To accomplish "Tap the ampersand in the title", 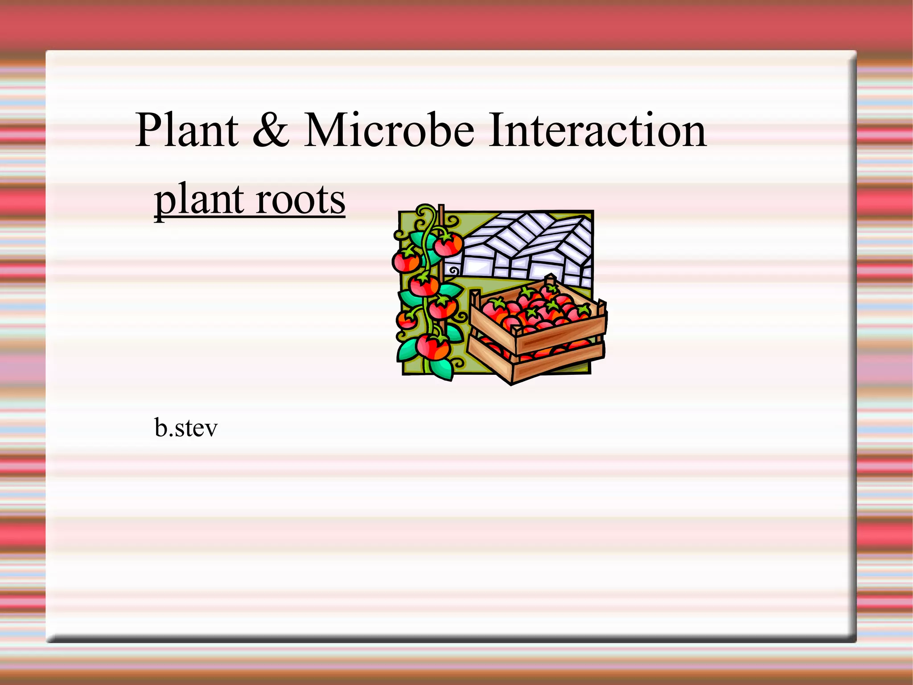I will (x=271, y=130).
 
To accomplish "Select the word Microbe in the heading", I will (x=389, y=130).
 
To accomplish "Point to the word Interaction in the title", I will (x=597, y=130).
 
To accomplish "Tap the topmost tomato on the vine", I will (x=448, y=244).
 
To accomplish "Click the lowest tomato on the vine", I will (x=432, y=347).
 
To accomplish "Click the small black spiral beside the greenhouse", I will (x=453, y=270).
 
